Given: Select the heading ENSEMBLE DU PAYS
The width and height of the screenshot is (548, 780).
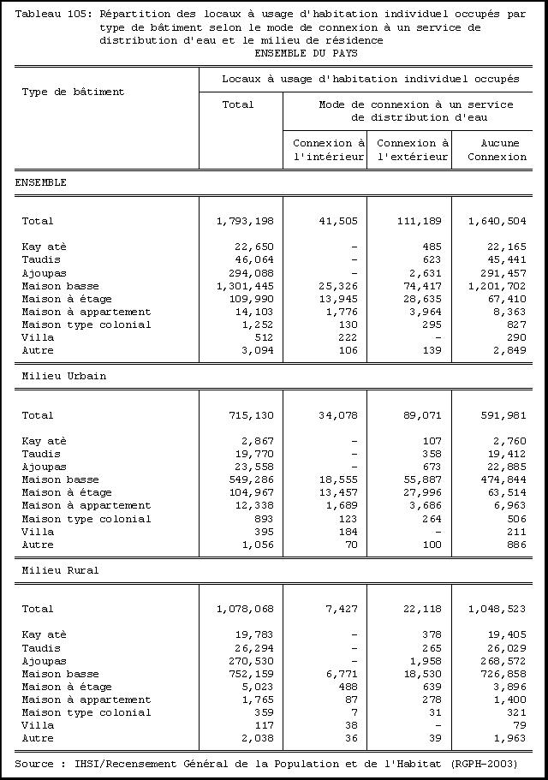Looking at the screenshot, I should point(306,53).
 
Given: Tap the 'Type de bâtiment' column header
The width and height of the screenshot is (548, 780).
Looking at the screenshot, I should point(73,92).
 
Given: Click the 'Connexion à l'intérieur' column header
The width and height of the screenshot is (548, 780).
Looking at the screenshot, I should point(329,150).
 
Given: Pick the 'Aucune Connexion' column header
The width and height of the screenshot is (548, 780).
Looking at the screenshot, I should point(497,150).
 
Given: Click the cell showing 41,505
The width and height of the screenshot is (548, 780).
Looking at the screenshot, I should point(337,221).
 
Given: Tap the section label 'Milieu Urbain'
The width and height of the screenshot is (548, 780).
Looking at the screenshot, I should point(64,376).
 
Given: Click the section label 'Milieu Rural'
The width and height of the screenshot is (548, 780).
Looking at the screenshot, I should point(61,570).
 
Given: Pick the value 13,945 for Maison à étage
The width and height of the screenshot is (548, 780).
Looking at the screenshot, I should point(337,299).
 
